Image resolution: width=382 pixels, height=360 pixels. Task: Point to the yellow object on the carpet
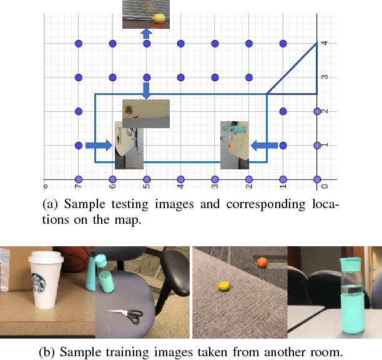pos(223,286)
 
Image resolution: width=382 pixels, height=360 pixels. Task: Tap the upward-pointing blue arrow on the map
pos(146,33)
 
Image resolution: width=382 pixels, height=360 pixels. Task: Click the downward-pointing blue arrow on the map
pos(146,90)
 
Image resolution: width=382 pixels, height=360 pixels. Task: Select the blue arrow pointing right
pos(99,145)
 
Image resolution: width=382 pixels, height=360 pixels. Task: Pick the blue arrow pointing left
pos(265,145)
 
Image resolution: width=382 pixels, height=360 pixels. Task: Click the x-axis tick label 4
pos(181,186)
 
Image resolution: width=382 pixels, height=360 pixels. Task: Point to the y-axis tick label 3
pos(325,77)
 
